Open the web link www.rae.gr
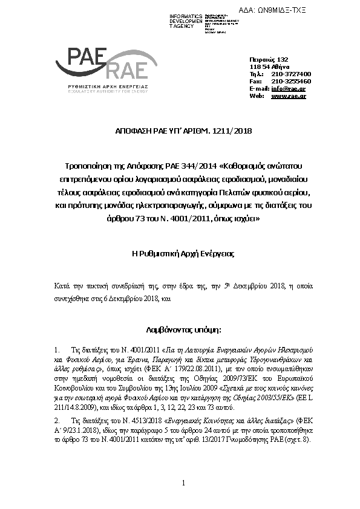(288, 96)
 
